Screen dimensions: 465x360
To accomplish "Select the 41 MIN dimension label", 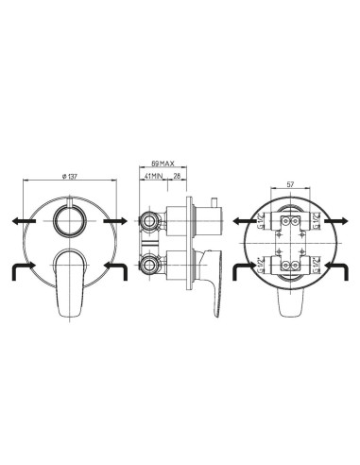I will pos(154,175).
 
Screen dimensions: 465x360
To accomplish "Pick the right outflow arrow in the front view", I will pos(119,220).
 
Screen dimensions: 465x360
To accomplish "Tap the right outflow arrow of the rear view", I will pos(342,221).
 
